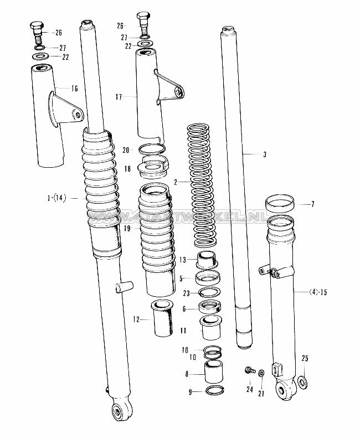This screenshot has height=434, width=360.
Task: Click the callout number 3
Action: [264, 155]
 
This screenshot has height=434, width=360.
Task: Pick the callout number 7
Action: [312, 204]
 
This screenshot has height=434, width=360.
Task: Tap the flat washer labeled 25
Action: [303, 381]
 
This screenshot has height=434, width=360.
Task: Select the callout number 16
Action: [74, 89]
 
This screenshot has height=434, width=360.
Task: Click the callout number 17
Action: [119, 97]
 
